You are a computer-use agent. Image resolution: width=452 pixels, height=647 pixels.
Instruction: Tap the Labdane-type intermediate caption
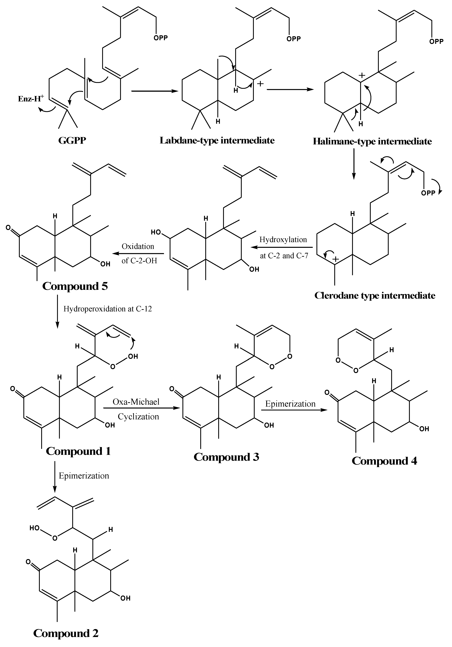217,140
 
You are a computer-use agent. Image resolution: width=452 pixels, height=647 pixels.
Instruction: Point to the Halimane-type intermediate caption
372,141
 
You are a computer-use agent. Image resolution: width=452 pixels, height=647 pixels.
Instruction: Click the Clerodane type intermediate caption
374,295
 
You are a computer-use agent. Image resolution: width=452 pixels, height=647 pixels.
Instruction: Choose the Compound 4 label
384,461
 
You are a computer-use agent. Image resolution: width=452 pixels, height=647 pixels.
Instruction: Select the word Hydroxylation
283,239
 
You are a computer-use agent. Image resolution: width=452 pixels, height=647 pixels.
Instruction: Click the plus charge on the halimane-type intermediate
362,75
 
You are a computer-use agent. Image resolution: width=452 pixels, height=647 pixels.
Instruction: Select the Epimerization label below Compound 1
84,476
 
